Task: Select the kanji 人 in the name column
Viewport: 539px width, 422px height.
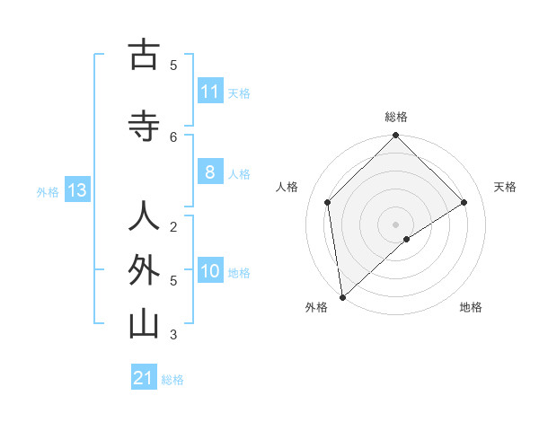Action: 144,216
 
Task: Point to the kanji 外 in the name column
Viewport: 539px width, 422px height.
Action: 144,269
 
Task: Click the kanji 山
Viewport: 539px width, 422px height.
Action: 144,324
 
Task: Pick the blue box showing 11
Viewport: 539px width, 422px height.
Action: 210,92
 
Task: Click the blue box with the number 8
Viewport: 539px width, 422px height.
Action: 210,173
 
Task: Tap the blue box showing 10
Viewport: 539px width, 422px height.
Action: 210,271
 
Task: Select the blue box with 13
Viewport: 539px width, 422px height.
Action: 77,190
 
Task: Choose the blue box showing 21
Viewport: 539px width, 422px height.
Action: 144,378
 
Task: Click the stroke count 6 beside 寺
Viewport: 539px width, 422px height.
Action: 173,136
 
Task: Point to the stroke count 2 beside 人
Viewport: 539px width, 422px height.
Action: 173,226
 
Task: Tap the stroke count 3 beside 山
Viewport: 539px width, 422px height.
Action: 173,335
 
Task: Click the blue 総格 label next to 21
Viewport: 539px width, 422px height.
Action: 172,380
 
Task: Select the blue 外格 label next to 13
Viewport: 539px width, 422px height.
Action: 48,191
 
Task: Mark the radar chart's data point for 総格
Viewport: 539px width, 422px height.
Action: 395,136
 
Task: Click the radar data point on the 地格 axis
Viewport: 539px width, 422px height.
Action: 407,239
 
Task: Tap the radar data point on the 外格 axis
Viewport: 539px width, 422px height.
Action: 341,296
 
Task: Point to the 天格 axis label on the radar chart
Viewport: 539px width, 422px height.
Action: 505,187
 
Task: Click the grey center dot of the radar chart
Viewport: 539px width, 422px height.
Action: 395,223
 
